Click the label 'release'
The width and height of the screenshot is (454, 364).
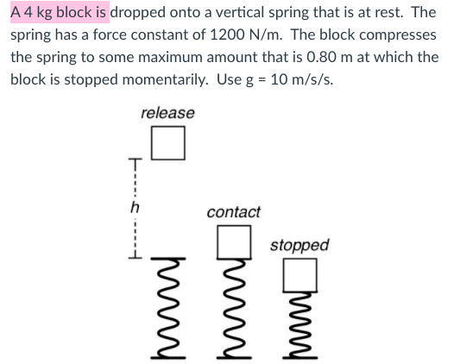point(167,113)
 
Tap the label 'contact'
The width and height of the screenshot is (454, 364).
point(234,212)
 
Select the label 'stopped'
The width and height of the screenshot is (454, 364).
point(300,245)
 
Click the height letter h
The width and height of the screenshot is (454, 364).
point(134,207)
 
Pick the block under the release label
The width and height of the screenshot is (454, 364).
point(168,143)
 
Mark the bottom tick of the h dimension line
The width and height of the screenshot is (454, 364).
point(134,250)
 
